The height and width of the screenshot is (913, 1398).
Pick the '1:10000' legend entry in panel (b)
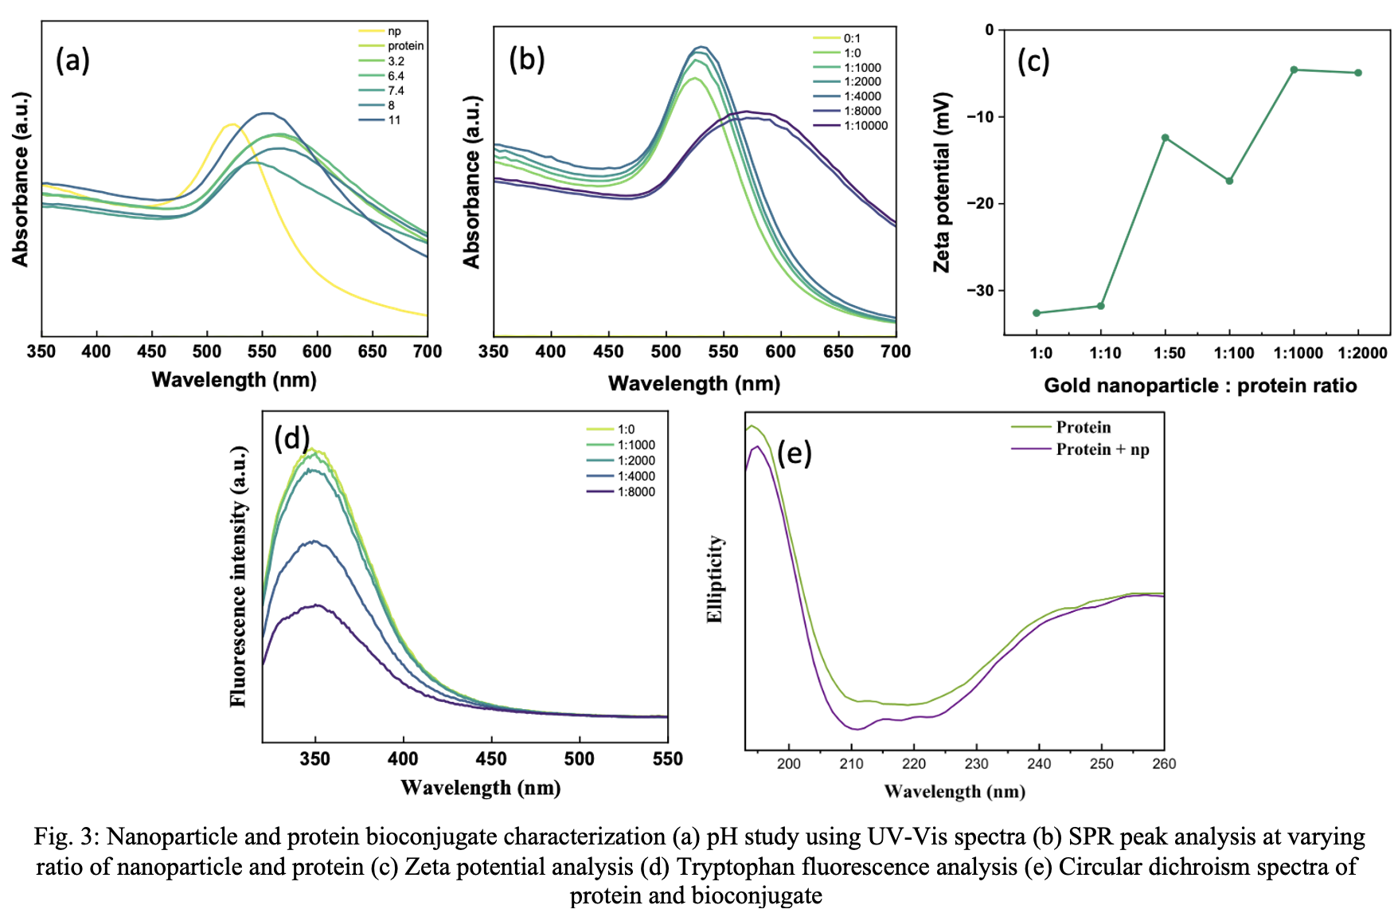(865, 126)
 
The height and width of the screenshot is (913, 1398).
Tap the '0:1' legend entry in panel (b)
(852, 38)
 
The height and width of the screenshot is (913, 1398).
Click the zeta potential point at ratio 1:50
(1166, 138)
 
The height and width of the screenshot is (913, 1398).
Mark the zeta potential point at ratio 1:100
(1230, 181)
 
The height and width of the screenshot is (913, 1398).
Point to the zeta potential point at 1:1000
(1295, 70)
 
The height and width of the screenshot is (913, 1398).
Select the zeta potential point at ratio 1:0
(1037, 313)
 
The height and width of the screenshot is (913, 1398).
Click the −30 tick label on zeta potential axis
(979, 291)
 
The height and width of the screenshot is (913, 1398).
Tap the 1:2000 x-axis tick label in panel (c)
(1362, 353)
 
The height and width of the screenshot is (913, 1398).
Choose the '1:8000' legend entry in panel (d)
(636, 492)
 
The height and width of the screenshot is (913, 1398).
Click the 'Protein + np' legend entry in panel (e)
(1103, 449)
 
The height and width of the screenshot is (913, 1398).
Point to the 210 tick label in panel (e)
(851, 764)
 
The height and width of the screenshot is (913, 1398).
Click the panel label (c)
(1033, 61)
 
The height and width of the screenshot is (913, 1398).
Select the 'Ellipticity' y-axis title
(715, 578)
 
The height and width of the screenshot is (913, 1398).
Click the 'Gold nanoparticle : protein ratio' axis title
(1200, 386)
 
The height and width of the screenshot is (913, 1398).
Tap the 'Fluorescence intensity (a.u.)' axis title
(238, 576)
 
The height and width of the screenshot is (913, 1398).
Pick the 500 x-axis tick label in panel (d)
(579, 759)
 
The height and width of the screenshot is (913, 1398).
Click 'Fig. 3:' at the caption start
(67, 837)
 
